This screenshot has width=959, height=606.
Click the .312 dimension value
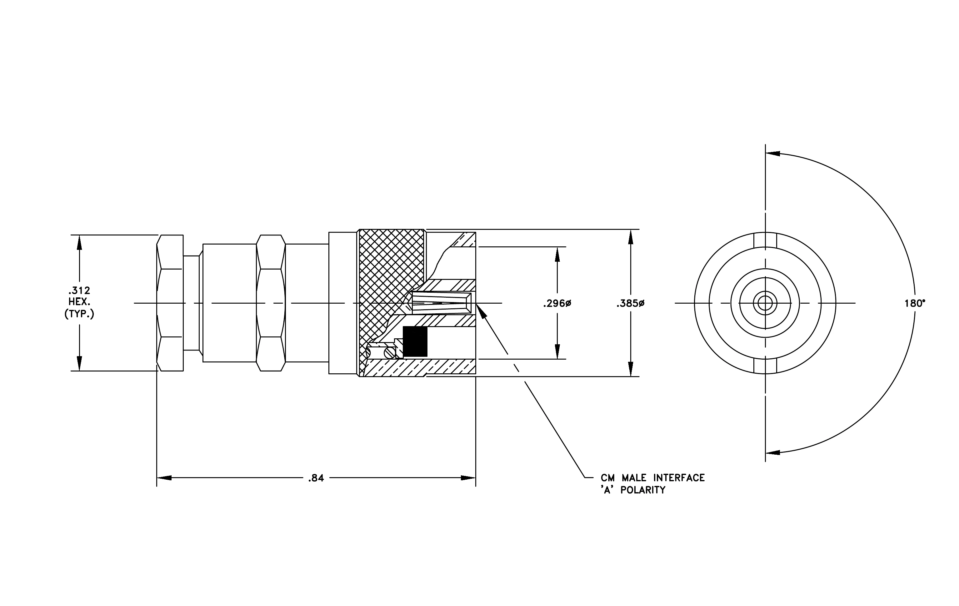click(x=79, y=290)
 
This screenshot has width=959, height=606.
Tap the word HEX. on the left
click(x=79, y=302)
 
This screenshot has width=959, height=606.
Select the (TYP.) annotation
click(x=79, y=314)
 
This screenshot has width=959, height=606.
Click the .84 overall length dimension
click(x=316, y=478)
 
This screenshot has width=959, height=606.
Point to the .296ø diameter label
click(x=557, y=304)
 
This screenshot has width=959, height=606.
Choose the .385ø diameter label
click(x=631, y=304)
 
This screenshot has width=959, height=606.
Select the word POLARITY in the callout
click(x=643, y=490)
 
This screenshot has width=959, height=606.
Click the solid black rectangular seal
click(x=415, y=341)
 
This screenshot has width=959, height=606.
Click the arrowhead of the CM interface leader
click(x=481, y=311)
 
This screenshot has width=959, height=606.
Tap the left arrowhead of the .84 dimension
click(x=164, y=478)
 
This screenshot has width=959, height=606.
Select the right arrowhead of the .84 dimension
click(x=468, y=478)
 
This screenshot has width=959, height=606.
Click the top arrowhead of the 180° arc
click(x=773, y=154)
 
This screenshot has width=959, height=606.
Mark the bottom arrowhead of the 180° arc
click(x=773, y=452)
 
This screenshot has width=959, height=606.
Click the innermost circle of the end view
click(x=765, y=304)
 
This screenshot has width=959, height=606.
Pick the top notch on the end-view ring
click(x=765, y=240)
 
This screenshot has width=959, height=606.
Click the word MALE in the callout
click(x=634, y=478)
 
